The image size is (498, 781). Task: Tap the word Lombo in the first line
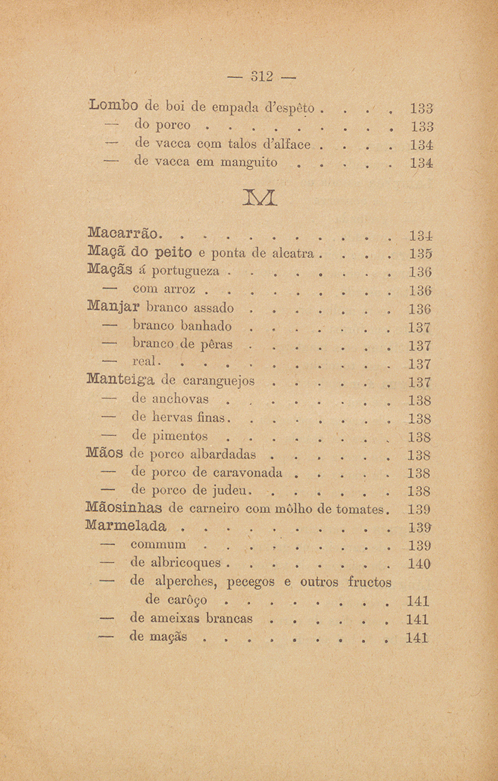tap(112, 106)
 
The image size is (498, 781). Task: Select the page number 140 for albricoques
tap(420, 564)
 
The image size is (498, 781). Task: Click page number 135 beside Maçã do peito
tap(421, 253)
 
